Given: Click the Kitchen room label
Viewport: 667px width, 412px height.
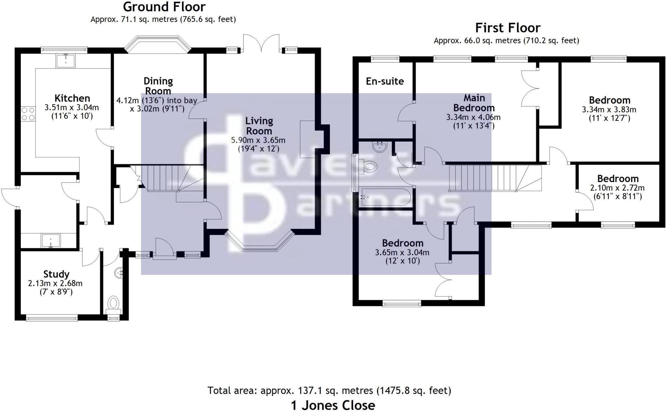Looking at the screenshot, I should click(72, 98).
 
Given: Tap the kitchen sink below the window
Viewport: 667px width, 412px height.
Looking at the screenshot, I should click(66, 61).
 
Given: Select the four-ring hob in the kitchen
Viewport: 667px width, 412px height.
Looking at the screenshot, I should click(28, 114).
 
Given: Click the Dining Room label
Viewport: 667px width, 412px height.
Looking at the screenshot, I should click(158, 86).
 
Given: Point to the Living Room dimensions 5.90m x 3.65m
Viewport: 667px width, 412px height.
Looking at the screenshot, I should click(258, 140).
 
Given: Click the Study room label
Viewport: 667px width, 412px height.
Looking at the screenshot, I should click(56, 274).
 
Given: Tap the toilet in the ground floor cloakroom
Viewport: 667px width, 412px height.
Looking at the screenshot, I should click(113, 303).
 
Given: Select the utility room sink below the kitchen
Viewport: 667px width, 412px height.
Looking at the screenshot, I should click(51, 241).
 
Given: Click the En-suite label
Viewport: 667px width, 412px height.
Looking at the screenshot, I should click(385, 81).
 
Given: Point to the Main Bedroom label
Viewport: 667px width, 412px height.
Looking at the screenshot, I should click(474, 103).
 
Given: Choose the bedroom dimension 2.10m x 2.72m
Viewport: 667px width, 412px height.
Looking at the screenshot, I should click(617, 188).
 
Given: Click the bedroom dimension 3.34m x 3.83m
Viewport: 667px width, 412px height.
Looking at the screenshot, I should click(609, 110).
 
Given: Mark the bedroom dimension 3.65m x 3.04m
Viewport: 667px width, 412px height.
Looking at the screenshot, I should click(402, 252).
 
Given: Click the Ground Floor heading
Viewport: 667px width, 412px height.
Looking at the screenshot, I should click(164, 7).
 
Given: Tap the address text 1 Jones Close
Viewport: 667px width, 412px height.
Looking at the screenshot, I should click(333, 405).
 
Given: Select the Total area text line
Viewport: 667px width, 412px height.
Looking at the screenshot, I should click(329, 390).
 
